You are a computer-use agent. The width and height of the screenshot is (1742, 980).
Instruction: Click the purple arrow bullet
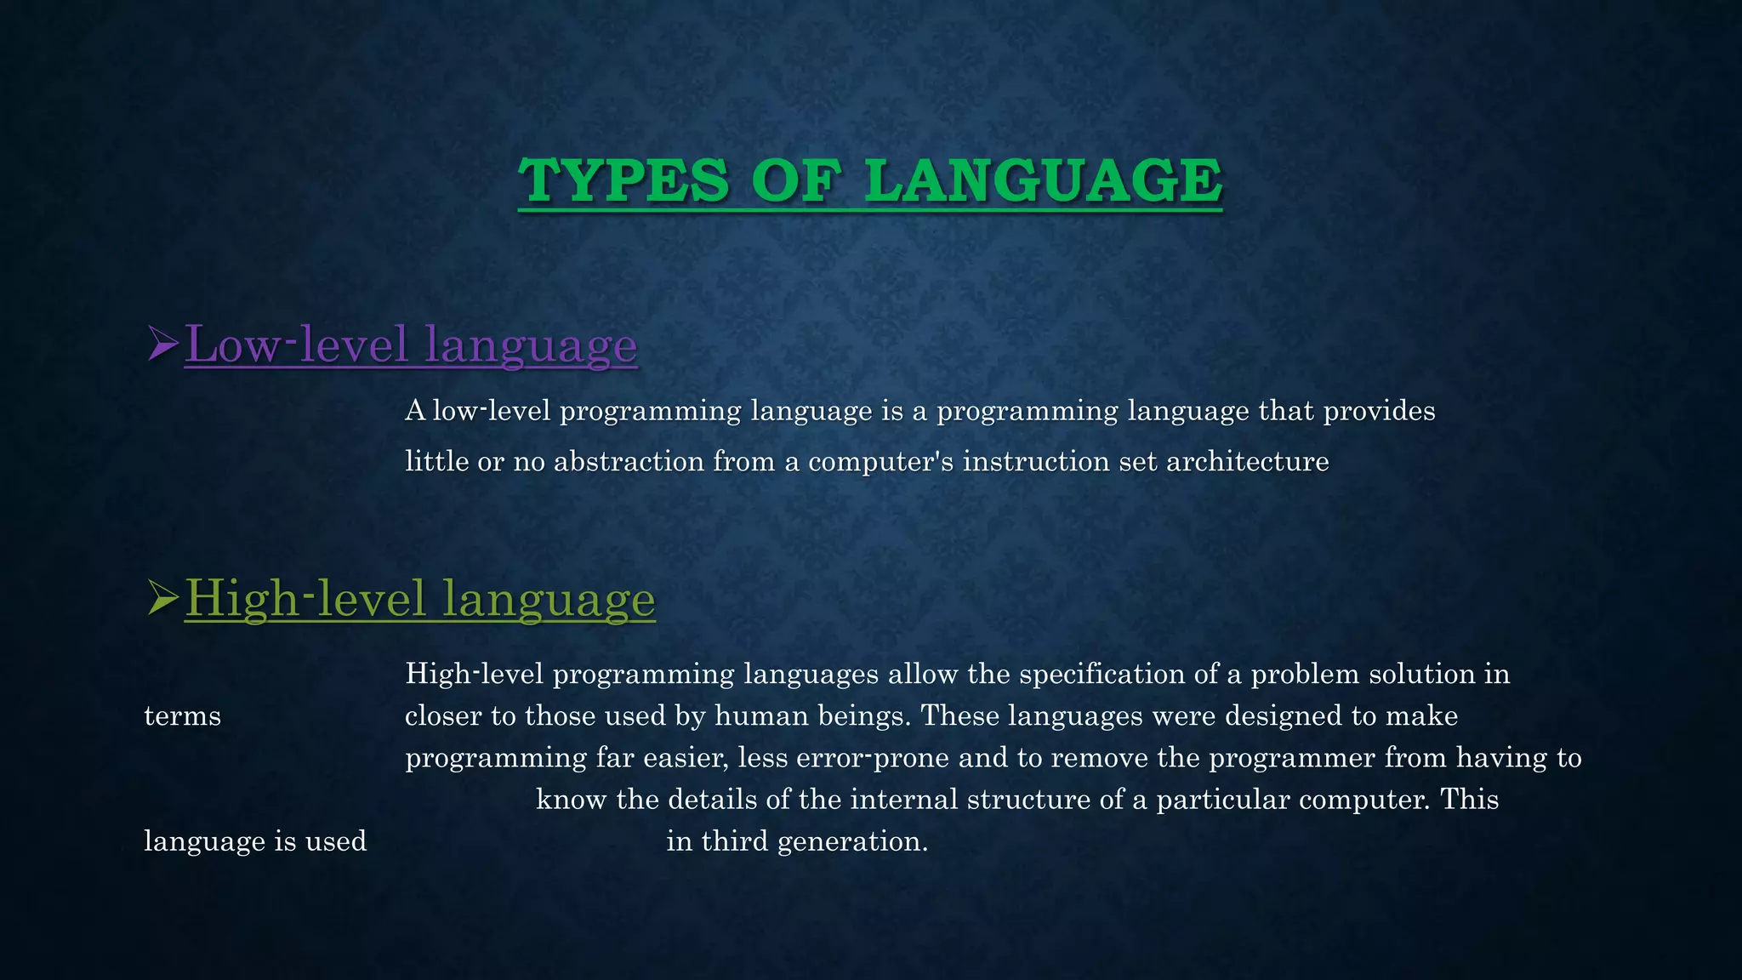pyautogui.click(x=162, y=344)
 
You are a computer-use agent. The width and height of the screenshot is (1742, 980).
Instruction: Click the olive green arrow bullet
pyautogui.click(x=162, y=598)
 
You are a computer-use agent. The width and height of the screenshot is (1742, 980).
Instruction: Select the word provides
pyautogui.click(x=1379, y=411)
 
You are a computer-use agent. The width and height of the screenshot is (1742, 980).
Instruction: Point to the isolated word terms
pyautogui.click(x=182, y=715)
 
